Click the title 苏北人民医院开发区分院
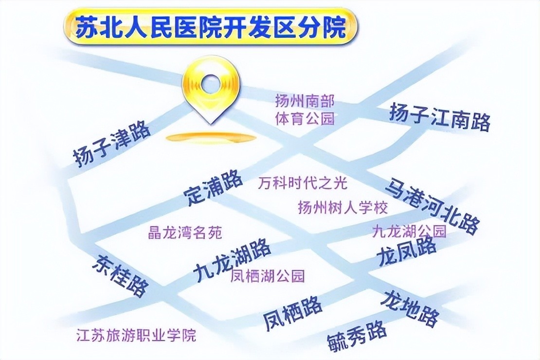coord(211,27)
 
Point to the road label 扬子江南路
coord(440,117)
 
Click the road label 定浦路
coord(213,187)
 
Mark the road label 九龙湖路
coord(231,260)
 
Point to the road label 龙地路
coord(410,308)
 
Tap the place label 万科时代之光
coord(303,183)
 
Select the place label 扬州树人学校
coord(342,207)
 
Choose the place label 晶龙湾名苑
coord(185,233)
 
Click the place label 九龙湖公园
coord(409,231)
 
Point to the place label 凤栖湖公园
coord(268,276)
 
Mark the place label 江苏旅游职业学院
coord(136,335)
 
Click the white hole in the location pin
coord(211,84)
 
